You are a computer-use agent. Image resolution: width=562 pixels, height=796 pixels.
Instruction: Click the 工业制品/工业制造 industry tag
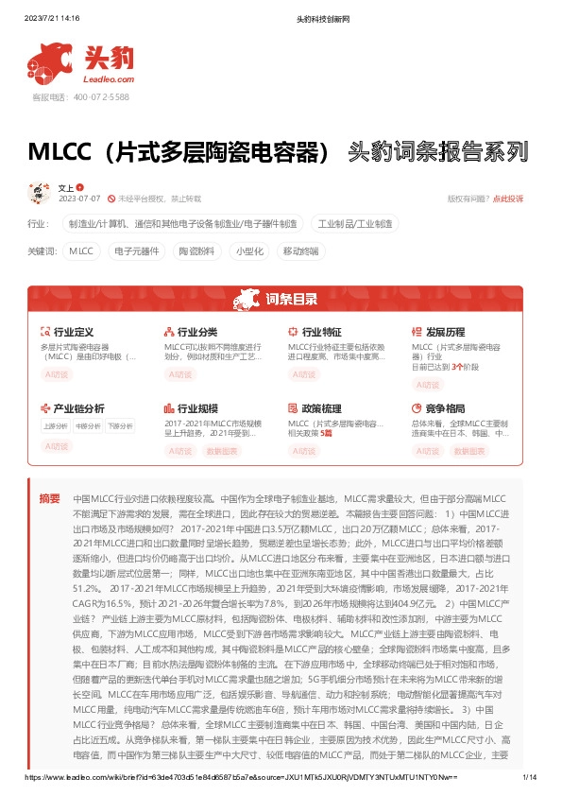(354, 224)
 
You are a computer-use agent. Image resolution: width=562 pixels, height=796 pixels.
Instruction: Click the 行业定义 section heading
(73, 333)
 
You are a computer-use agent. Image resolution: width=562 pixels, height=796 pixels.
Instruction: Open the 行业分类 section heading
(196, 333)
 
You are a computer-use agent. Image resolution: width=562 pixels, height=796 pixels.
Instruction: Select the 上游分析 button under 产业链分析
(54, 426)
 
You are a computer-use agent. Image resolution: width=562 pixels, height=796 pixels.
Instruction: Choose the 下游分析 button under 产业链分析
(120, 426)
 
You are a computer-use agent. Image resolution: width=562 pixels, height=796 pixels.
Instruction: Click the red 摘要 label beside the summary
(49, 498)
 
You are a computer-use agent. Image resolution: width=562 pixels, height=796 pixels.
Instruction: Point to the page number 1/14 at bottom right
(529, 777)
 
